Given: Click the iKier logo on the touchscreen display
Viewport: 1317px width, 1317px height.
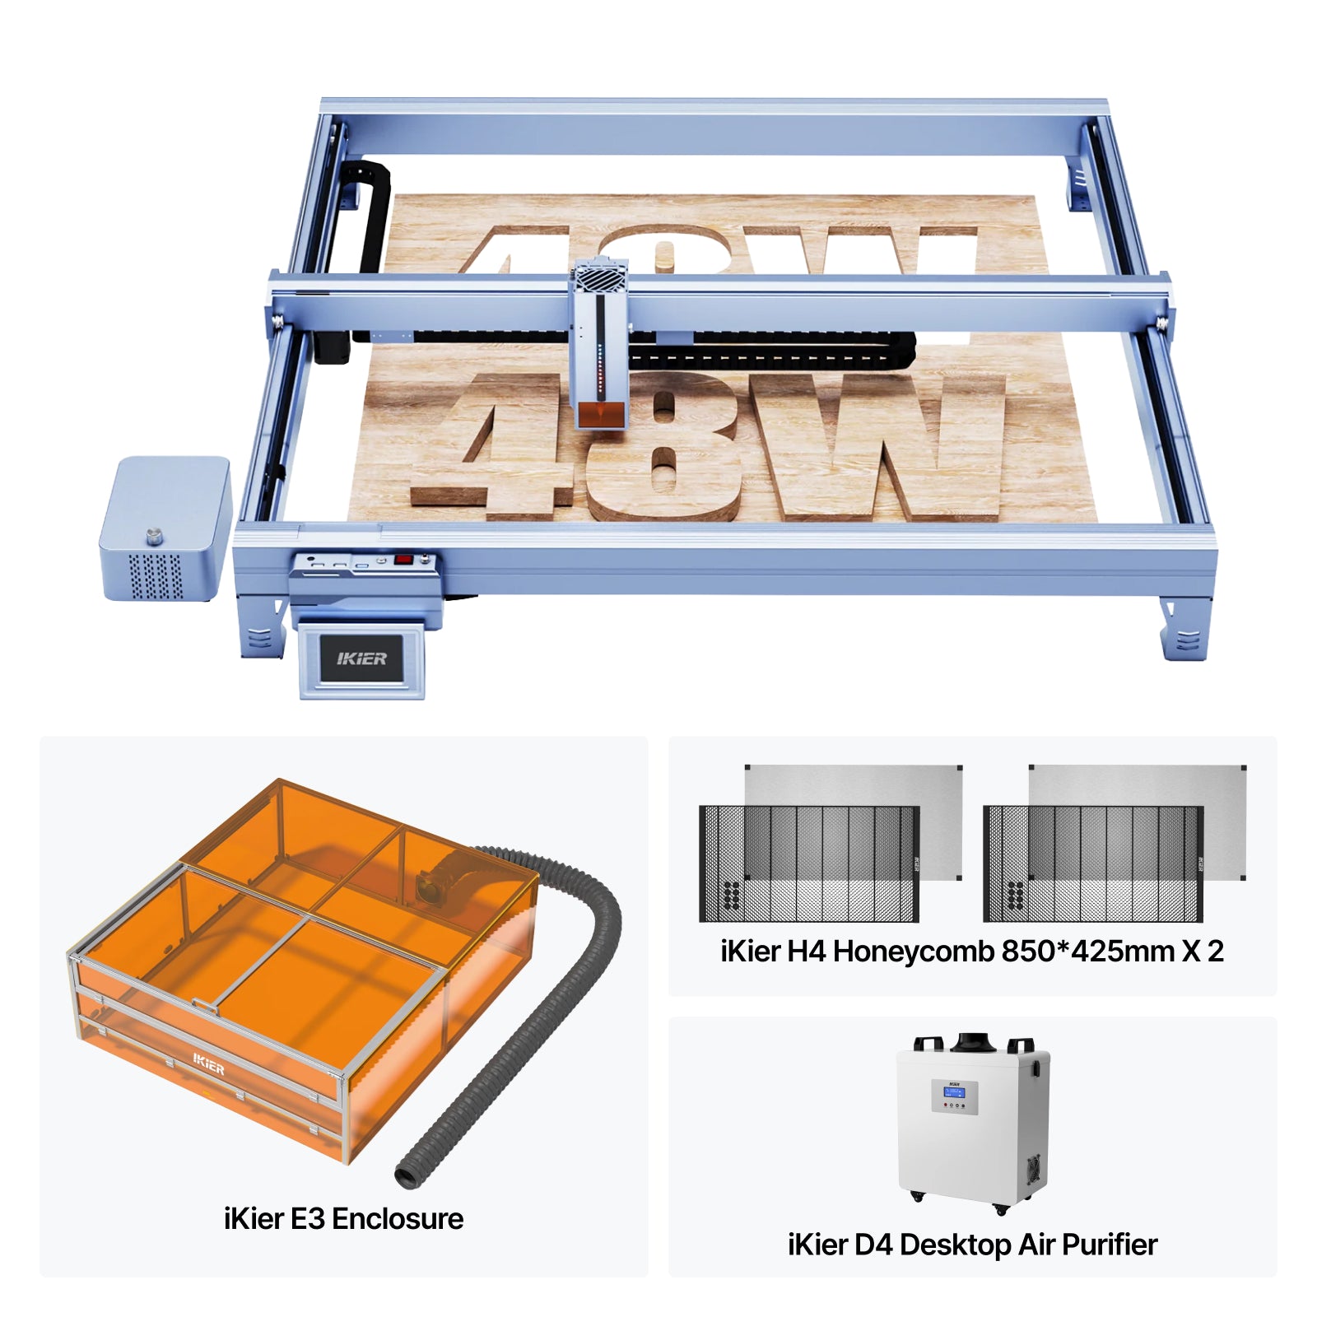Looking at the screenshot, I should click(361, 658).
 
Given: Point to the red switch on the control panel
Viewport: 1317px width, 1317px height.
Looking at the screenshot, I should click(403, 560).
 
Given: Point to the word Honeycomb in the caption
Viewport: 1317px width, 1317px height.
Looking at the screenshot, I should click(914, 952).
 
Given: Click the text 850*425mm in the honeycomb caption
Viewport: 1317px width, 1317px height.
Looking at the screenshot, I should click(1087, 952).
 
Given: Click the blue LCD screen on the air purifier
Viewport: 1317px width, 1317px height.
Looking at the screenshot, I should click(954, 1092).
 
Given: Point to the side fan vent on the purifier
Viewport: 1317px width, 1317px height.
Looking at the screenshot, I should click(1033, 1169).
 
